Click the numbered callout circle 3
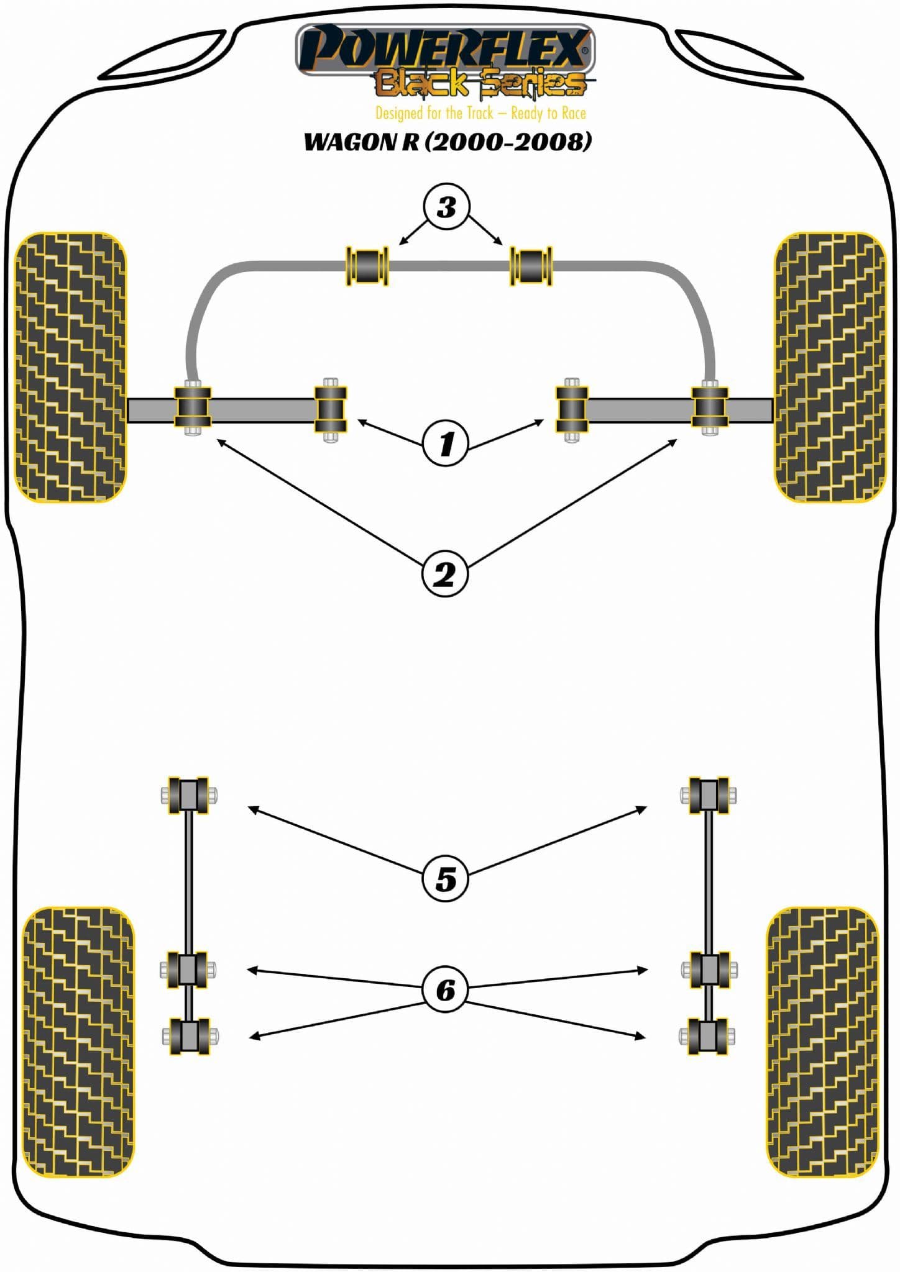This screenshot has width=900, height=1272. [446, 207]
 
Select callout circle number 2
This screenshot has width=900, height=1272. [445, 575]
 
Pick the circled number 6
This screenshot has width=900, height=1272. [446, 989]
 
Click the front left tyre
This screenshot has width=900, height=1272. [70, 367]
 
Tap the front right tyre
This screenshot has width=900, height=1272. [830, 367]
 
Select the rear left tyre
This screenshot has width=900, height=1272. [78, 1042]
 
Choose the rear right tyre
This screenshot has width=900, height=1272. [823, 1042]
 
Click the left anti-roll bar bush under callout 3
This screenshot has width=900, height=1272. [367, 266]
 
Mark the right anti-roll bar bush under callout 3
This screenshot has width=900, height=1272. [531, 266]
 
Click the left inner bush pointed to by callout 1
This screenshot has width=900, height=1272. [331, 410]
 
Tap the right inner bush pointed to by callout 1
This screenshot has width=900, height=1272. [572, 410]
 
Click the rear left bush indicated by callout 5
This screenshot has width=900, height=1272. [188, 795]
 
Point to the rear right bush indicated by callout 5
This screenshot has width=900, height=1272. [709, 795]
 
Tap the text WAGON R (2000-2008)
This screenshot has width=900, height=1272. [448, 142]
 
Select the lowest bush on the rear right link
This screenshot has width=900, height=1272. [709, 1036]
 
